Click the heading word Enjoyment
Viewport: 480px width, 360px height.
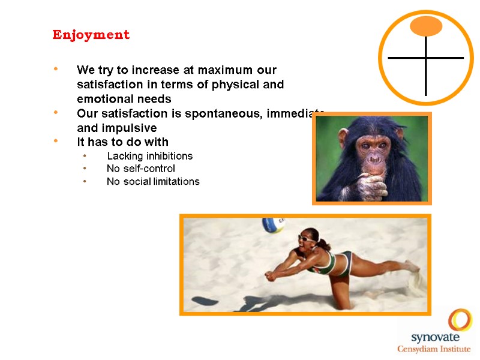coord(91,35)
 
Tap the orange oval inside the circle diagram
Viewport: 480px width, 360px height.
coord(426,25)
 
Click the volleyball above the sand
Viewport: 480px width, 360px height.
coord(274,226)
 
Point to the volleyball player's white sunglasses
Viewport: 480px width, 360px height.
coord(305,239)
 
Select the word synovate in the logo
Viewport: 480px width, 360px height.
coord(432,337)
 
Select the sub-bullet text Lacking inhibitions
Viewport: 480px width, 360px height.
coord(149,156)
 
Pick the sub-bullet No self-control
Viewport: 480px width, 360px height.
coord(140,169)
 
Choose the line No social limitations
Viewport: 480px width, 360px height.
coord(152,181)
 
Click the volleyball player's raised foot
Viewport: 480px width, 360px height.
coord(413,266)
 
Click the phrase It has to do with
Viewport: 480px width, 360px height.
coord(122,142)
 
